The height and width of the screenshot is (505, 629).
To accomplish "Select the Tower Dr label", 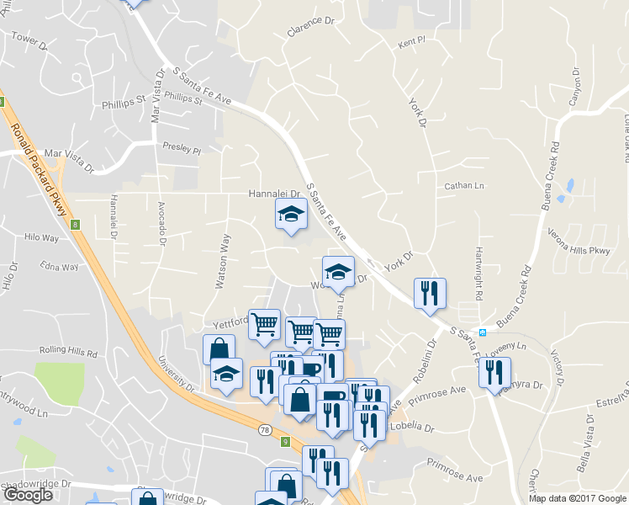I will pos(28,39).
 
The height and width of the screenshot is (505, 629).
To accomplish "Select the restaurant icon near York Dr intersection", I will pos(430,293).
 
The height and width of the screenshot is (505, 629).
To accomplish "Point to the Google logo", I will pos(28,495).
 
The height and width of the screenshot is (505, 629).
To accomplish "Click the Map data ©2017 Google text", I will pos(577,498).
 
